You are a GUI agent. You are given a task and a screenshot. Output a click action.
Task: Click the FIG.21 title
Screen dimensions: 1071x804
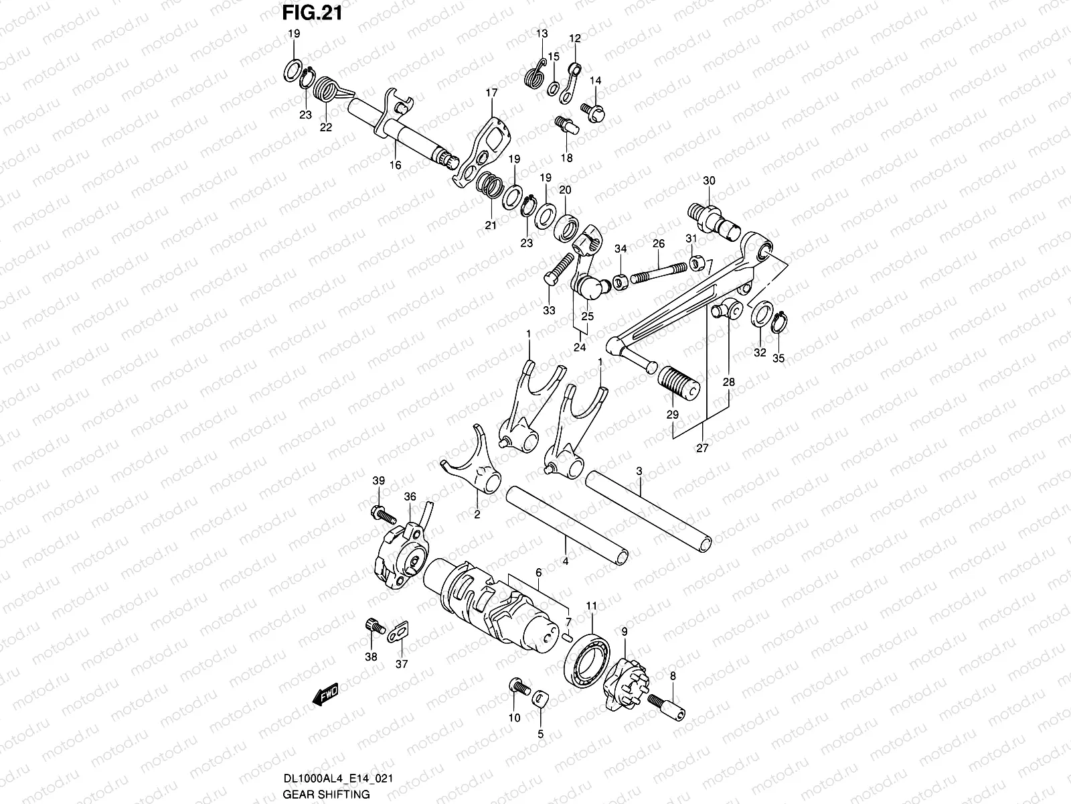(x=313, y=13)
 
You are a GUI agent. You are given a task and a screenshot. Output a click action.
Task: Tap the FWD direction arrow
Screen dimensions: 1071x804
(x=325, y=693)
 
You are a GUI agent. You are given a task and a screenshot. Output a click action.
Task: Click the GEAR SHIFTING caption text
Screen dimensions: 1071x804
(x=327, y=794)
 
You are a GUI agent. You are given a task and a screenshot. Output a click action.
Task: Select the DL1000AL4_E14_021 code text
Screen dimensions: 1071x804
(x=338, y=779)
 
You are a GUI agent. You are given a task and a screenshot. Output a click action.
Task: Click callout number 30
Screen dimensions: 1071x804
(x=709, y=181)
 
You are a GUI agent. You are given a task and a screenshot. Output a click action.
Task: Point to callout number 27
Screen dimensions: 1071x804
(x=702, y=448)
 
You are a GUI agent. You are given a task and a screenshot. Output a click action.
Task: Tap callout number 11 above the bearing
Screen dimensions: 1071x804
(x=591, y=606)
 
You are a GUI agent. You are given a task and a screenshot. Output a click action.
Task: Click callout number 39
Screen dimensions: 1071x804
(x=379, y=480)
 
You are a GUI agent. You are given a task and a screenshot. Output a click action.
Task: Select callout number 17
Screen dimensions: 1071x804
(x=491, y=92)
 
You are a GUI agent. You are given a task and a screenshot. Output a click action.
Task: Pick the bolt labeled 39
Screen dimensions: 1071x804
(x=384, y=514)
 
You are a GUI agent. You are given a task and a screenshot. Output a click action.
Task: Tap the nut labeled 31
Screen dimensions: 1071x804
(x=695, y=263)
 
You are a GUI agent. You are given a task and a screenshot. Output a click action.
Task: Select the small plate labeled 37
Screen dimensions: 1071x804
(x=398, y=632)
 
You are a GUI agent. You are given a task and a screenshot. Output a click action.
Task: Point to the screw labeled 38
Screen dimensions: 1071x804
(x=375, y=626)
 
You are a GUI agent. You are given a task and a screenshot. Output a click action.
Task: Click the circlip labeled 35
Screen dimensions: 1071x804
(x=779, y=322)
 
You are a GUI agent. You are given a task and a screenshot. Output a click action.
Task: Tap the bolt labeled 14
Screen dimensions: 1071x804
(x=593, y=113)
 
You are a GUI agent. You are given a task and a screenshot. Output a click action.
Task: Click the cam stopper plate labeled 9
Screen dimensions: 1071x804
(x=626, y=683)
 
